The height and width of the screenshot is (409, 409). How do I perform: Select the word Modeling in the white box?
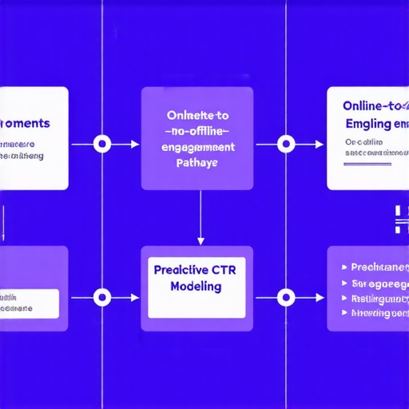[x=197, y=288]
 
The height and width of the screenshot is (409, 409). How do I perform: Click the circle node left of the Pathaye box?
[x=101, y=145]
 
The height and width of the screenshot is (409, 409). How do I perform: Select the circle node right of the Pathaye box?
[x=285, y=145]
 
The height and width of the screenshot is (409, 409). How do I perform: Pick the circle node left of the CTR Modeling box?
[x=101, y=297]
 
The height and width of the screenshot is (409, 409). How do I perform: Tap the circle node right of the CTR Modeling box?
[x=285, y=297]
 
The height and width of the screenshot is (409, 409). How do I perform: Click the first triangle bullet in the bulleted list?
[x=343, y=268]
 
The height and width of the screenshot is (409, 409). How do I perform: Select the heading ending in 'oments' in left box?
[x=28, y=125]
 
